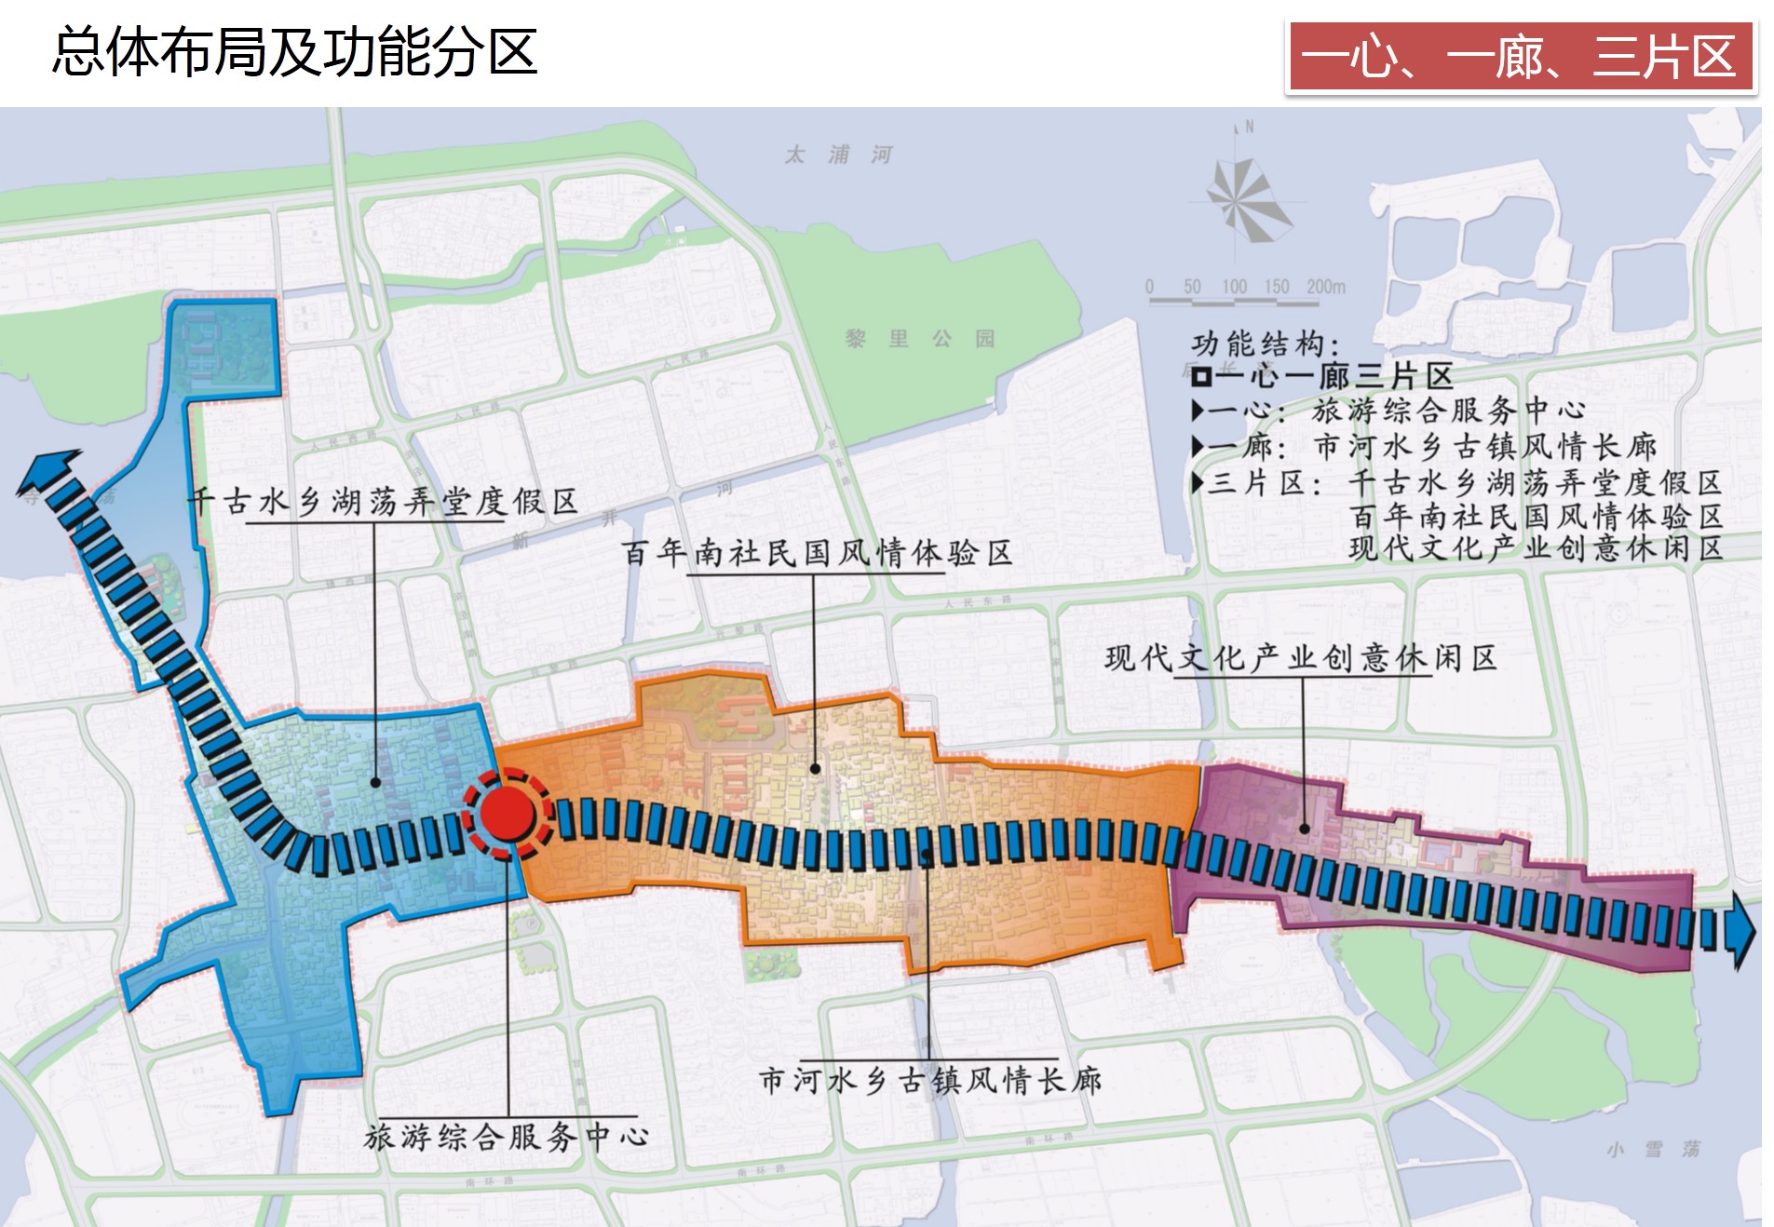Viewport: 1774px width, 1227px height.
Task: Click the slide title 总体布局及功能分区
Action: [294, 51]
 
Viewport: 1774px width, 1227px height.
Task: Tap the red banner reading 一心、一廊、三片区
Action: [1520, 57]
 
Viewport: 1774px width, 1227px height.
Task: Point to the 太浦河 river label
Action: [839, 154]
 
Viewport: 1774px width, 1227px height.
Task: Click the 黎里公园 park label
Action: [920, 338]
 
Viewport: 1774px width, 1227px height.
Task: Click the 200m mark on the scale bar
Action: [1325, 287]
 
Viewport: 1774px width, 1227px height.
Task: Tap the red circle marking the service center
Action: [507, 812]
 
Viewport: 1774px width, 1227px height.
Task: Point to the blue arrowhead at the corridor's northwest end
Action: [47, 470]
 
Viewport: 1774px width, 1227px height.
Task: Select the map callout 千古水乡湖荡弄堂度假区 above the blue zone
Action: [383, 502]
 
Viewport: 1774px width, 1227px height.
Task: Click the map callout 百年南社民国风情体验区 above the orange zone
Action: [817, 553]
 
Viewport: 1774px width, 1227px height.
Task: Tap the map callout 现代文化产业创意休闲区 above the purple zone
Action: [1301, 658]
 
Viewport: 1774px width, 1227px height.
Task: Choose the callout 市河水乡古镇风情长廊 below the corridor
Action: [930, 1080]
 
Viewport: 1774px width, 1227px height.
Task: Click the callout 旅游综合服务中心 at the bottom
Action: [507, 1136]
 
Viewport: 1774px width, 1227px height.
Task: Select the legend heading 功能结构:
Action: [1266, 344]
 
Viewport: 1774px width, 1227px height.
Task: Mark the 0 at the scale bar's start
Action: [1149, 287]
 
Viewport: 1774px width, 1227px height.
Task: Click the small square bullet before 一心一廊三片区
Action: [1201, 377]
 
